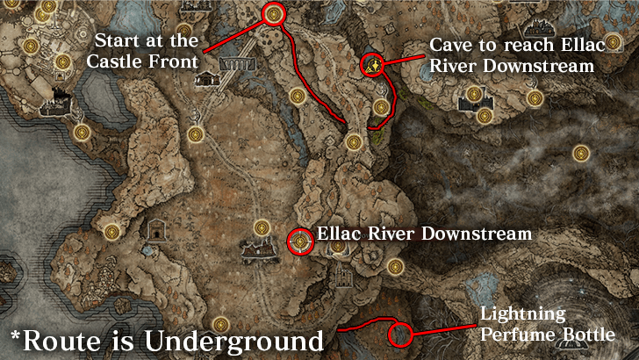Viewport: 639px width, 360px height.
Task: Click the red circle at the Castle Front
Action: [x=273, y=14]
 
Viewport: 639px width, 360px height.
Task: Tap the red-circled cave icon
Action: [x=373, y=64]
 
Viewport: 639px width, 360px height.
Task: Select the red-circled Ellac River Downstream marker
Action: [x=300, y=241]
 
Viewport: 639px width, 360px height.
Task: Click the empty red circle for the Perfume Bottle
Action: [x=399, y=334]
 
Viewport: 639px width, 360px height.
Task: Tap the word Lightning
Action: [x=521, y=315]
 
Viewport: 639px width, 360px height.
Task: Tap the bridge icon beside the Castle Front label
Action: [x=238, y=64]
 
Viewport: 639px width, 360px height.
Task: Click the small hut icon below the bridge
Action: [x=207, y=80]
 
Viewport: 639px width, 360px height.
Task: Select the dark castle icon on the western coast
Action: [x=61, y=92]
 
